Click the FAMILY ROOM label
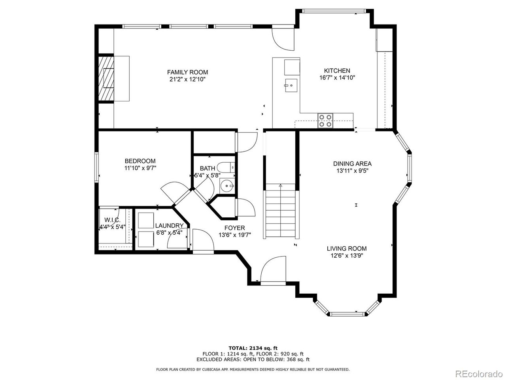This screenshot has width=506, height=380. [x=187, y=72]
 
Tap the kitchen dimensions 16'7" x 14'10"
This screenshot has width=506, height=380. [x=337, y=78]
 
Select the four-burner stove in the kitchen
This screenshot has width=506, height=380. [x=325, y=121]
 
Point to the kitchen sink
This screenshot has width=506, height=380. [x=291, y=85]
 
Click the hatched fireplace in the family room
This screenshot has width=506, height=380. [x=106, y=78]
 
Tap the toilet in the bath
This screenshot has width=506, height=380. [x=227, y=167]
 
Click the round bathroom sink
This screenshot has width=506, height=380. [x=227, y=186]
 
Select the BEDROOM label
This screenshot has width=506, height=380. [x=140, y=161]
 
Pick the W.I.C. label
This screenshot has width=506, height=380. [x=112, y=220]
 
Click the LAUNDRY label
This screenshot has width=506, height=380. [x=170, y=225]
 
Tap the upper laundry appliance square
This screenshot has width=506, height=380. [x=146, y=220]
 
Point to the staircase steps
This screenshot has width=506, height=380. [x=281, y=211]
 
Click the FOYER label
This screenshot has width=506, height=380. [x=235, y=228]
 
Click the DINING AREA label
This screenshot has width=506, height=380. [x=353, y=164]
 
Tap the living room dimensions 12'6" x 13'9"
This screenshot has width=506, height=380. [x=346, y=256]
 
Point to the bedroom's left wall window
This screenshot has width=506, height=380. [x=96, y=167]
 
